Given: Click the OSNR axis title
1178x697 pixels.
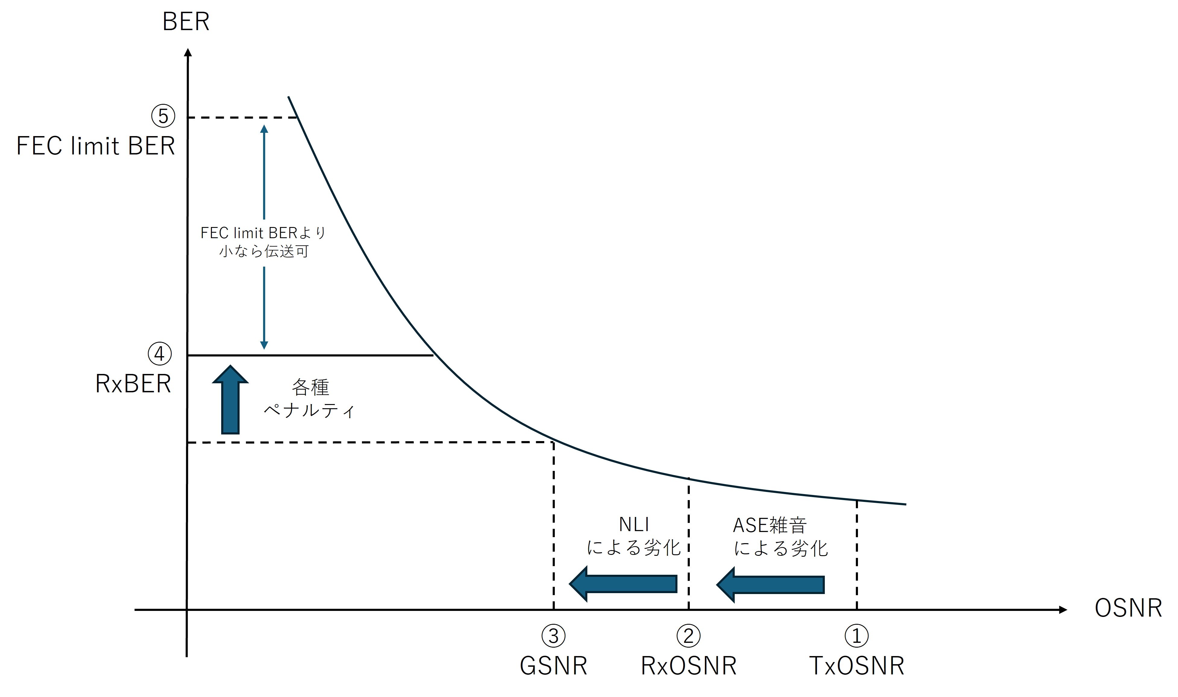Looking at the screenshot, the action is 1128,608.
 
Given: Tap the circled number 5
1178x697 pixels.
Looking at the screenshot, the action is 163,116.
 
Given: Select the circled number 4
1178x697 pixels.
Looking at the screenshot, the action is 160,354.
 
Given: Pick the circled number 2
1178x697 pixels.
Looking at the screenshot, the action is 688,636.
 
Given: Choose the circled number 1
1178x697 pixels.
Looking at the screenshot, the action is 856,636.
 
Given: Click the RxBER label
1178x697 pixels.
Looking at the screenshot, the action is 133,384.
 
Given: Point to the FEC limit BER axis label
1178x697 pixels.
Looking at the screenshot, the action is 96,146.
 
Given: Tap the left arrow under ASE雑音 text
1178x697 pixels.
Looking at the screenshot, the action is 771,585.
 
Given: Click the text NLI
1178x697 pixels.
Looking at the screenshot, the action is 634,524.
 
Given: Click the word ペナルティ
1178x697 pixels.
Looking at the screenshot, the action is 309,410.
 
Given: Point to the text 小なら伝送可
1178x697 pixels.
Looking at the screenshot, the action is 264,251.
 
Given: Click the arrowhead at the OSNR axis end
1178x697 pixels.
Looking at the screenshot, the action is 1063,610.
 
